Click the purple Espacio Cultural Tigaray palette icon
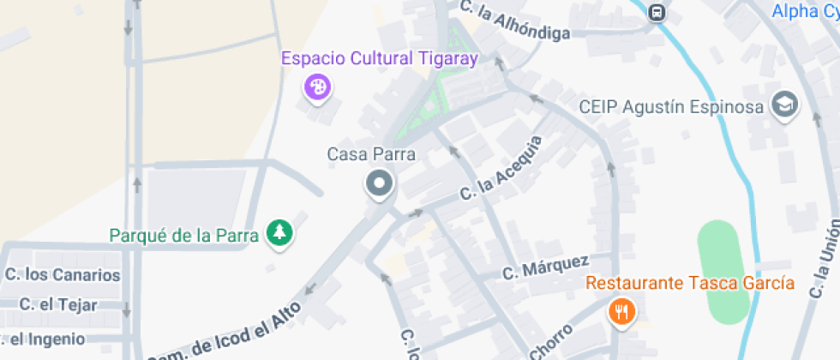click(x=318, y=87)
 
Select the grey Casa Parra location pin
click(x=378, y=183)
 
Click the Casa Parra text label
click(x=371, y=155)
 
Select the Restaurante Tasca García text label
click(x=690, y=283)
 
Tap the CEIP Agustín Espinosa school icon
click(x=784, y=105)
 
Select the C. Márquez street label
click(x=545, y=267)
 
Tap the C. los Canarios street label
click(x=63, y=275)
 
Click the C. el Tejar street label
click(x=58, y=304)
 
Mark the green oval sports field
click(x=723, y=272)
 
